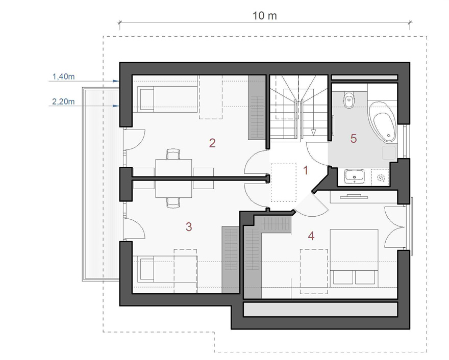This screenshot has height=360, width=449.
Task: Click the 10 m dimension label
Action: click(265, 15)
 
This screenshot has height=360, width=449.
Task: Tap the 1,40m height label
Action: click(63, 76)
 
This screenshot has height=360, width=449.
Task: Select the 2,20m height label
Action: click(63, 101)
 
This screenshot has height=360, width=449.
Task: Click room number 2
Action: click(212, 143)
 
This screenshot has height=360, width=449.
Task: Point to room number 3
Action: click(189, 226)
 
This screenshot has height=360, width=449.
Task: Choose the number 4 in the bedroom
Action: click(311, 236)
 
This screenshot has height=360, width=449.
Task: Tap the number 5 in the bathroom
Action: click(354, 139)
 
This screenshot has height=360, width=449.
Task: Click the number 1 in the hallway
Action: click(306, 170)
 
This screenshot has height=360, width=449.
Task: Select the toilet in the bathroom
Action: click(349, 99)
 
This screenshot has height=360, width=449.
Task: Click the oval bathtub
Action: click(383, 122)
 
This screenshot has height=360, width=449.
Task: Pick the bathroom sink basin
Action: click(355, 176)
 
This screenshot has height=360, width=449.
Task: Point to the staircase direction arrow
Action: click(313, 132)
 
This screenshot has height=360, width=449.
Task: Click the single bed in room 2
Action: click(167, 99)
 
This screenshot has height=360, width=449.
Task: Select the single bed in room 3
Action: click(167, 268)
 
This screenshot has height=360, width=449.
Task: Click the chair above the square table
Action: click(173, 154)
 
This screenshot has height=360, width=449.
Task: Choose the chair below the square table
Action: click(173, 202)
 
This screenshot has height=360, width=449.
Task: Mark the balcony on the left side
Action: click(101, 184)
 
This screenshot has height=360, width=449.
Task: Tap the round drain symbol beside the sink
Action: click(381, 178)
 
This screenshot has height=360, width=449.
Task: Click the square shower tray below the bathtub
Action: click(389, 152)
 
